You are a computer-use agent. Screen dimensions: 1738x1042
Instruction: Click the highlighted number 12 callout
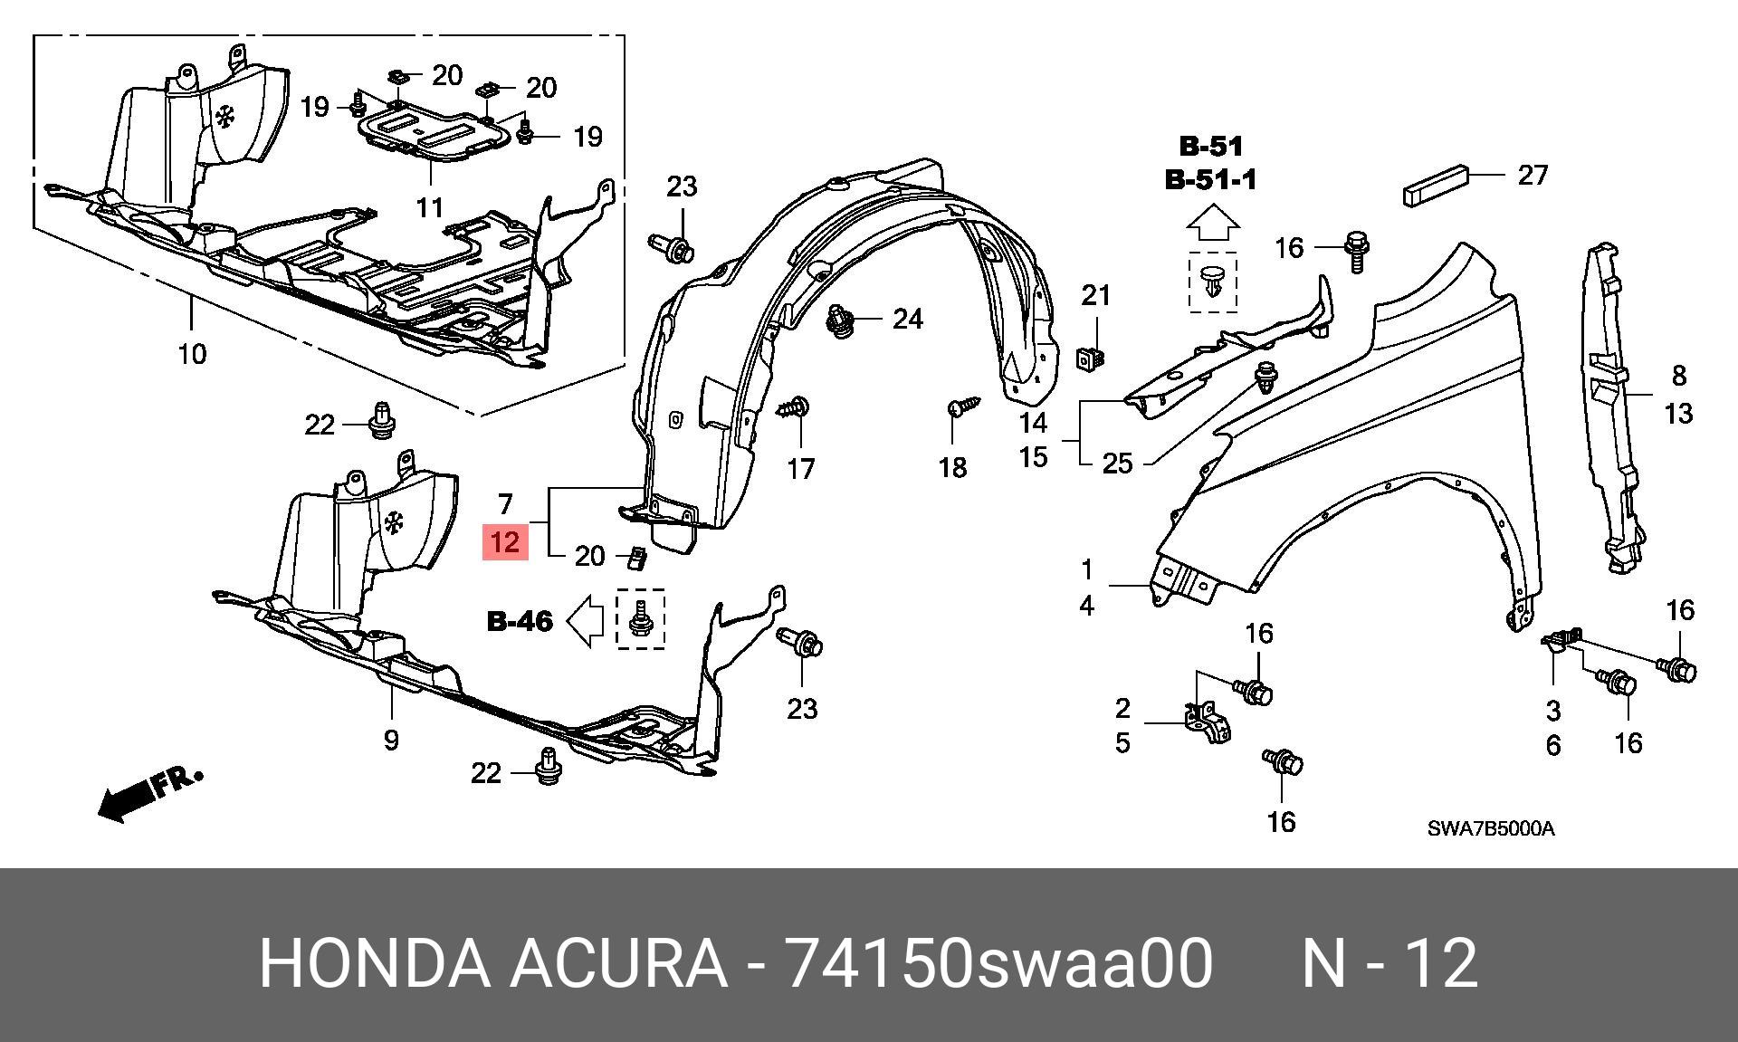click(505, 542)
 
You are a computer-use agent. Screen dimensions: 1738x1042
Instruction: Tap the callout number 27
click(1533, 174)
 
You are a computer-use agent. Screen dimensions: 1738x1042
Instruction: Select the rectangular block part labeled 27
click(1435, 186)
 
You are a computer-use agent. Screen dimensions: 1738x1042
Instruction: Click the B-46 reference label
click(520, 621)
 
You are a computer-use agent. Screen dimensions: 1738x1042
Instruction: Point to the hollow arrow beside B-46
click(585, 621)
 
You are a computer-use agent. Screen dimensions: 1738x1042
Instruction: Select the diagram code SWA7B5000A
click(1491, 828)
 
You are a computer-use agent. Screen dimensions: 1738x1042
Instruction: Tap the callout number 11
click(430, 207)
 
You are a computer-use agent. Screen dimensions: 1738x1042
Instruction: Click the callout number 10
click(192, 353)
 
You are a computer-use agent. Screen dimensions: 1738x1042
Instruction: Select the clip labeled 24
click(840, 321)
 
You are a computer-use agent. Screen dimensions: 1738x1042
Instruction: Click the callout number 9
click(391, 740)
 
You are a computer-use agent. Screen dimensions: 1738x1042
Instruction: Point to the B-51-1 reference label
click(1211, 180)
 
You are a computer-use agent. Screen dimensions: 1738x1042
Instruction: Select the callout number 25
click(1118, 464)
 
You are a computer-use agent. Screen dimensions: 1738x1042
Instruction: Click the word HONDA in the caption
click(375, 963)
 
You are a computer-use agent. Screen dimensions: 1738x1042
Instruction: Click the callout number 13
click(1679, 414)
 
